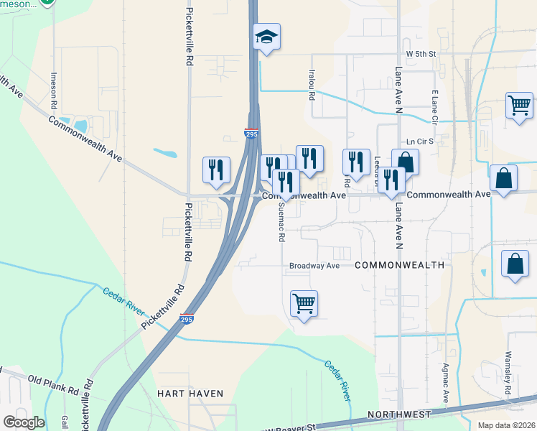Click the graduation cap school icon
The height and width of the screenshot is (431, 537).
(x=267, y=37)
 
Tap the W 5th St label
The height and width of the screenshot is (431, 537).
(x=421, y=54)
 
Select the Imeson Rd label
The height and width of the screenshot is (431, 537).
(x=54, y=90)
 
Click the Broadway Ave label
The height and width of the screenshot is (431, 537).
(x=314, y=266)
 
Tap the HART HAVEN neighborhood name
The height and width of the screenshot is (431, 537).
(x=190, y=394)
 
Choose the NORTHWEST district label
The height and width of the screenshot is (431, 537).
(x=398, y=414)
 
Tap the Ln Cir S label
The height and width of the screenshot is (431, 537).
(x=421, y=142)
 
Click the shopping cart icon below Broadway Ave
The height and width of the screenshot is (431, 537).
(x=304, y=304)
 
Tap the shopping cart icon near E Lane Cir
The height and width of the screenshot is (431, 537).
(x=519, y=106)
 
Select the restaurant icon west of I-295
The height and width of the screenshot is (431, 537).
(x=216, y=170)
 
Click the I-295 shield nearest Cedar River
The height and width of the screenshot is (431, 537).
(x=186, y=319)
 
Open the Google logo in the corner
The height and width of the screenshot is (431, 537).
(x=24, y=422)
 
